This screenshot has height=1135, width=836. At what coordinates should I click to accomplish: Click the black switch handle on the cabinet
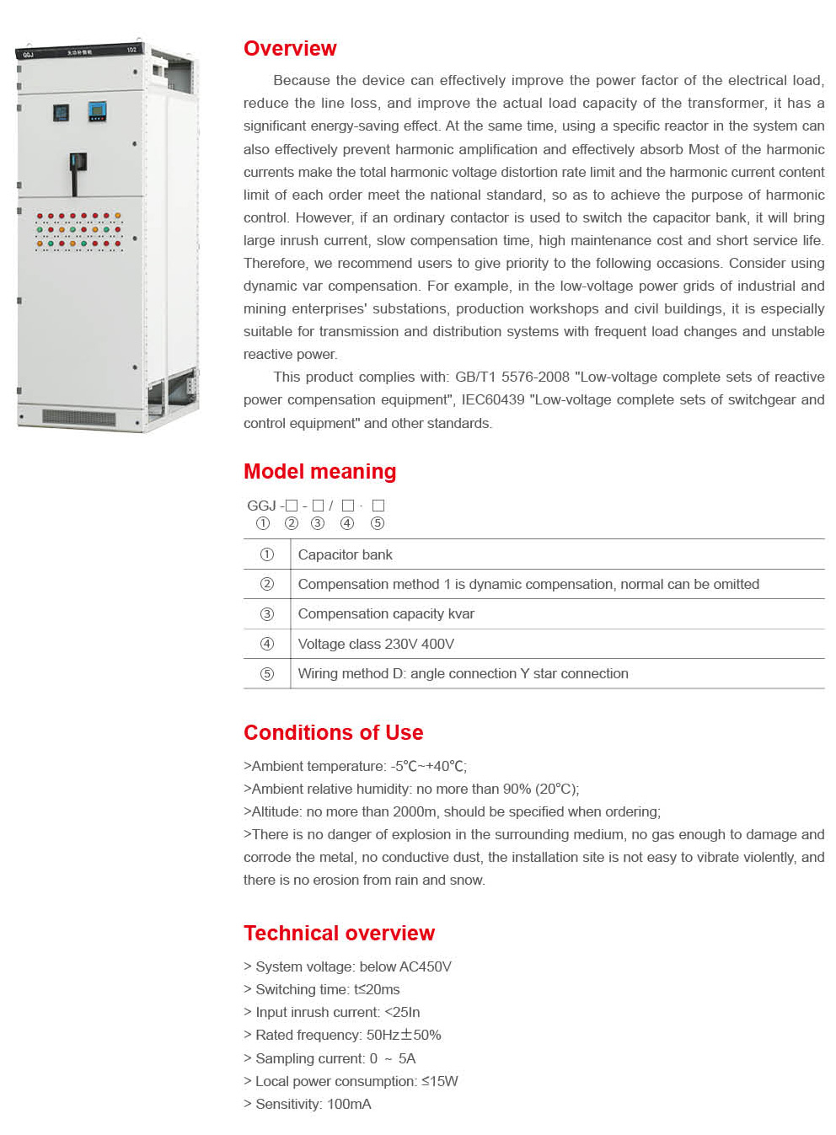78,166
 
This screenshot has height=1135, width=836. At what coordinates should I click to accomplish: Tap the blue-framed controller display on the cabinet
97,111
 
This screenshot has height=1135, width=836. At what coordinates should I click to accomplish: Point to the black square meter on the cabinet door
62,112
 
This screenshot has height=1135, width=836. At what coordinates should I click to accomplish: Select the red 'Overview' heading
290,49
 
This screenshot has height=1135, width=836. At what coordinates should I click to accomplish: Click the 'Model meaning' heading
319,472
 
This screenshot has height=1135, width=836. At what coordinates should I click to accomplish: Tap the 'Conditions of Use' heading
333,733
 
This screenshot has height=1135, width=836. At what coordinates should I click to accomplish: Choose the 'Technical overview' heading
339,934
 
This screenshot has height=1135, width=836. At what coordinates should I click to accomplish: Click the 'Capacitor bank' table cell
345,554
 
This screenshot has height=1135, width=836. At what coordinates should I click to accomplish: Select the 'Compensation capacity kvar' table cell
386,614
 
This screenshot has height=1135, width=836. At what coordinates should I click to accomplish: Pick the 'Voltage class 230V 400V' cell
376,644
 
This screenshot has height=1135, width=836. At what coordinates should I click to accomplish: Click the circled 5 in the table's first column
267,674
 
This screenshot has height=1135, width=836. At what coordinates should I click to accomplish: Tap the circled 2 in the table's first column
267,584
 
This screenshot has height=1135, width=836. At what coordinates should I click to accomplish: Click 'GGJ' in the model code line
261,506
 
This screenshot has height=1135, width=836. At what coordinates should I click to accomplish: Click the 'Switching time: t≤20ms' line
327,989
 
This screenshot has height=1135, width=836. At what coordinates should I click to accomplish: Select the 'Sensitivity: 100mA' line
313,1104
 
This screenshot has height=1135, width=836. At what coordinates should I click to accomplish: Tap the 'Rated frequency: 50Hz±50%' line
348,1035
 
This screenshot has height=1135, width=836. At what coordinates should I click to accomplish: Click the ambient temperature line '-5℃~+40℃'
428,766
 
